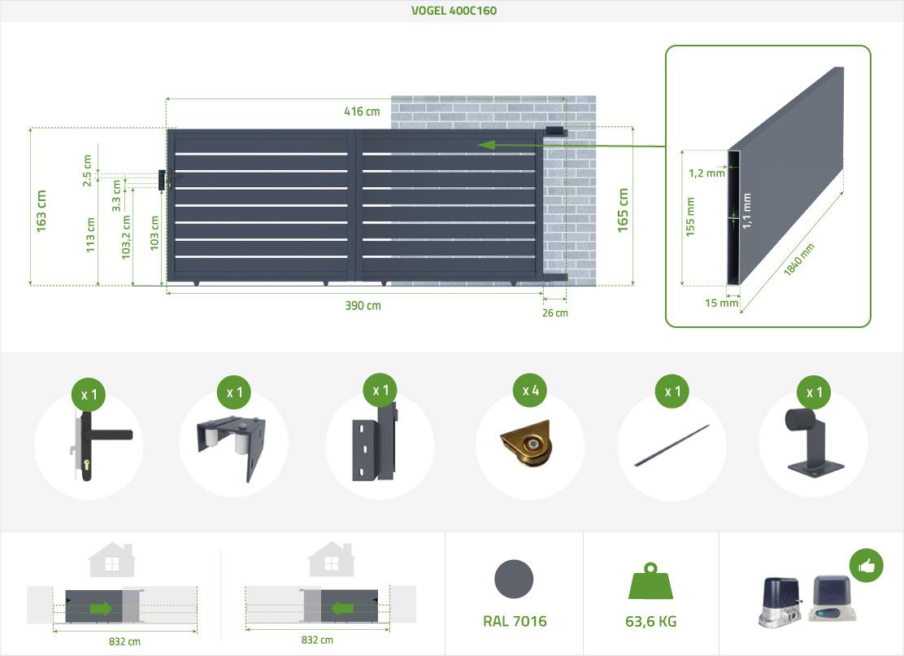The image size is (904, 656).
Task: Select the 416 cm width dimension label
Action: (x=362, y=112)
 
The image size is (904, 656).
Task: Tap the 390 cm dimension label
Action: (x=363, y=306)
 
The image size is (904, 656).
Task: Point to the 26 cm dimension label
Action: (x=555, y=313)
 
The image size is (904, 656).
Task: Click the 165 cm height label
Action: (x=624, y=210)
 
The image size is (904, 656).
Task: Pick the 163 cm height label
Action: (x=41, y=211)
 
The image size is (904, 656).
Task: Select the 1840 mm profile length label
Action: (x=800, y=260)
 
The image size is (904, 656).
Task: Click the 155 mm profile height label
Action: (x=690, y=216)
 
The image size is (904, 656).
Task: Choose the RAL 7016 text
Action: (x=515, y=622)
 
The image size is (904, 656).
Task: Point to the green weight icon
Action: (x=650, y=583)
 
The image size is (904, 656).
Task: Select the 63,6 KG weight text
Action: (x=650, y=622)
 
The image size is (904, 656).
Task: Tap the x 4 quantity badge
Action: (x=531, y=391)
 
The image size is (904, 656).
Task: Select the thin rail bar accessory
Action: (x=671, y=446)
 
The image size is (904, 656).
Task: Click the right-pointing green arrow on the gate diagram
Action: (x=102, y=608)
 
